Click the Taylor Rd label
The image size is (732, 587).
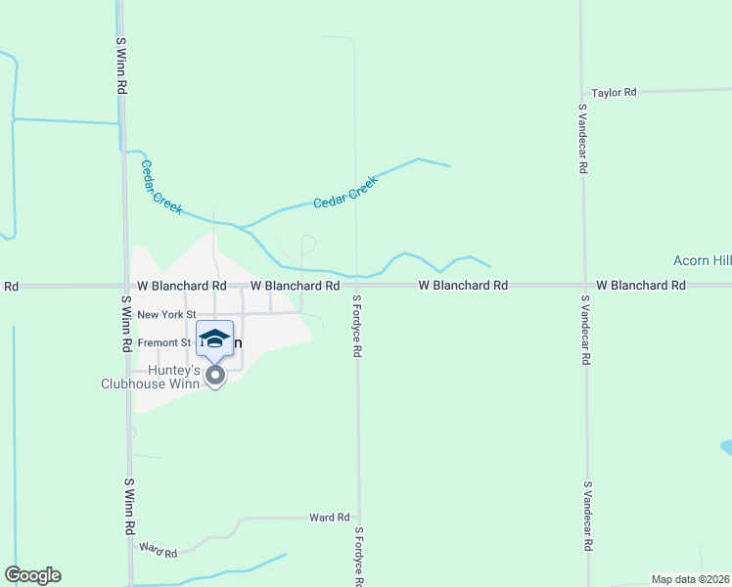tap(614, 92)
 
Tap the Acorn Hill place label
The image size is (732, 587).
tap(702, 260)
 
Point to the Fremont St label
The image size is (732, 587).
tap(164, 342)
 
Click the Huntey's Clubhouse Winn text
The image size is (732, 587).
tap(150, 378)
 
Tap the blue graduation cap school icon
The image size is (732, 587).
tap(214, 339)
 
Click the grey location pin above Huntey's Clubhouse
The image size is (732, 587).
tap(215, 375)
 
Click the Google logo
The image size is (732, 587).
tap(32, 575)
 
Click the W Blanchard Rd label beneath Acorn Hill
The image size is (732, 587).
tap(641, 286)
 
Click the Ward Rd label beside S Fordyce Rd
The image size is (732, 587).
tap(329, 517)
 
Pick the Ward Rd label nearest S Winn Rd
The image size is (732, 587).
tap(158, 550)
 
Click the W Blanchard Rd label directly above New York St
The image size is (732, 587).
tap(182, 286)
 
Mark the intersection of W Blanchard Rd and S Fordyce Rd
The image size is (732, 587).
tap(356, 286)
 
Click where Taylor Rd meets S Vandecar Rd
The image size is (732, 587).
tap(582, 92)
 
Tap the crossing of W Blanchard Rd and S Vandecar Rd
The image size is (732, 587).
tap(584, 286)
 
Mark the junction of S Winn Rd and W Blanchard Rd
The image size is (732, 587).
tap(124, 286)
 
